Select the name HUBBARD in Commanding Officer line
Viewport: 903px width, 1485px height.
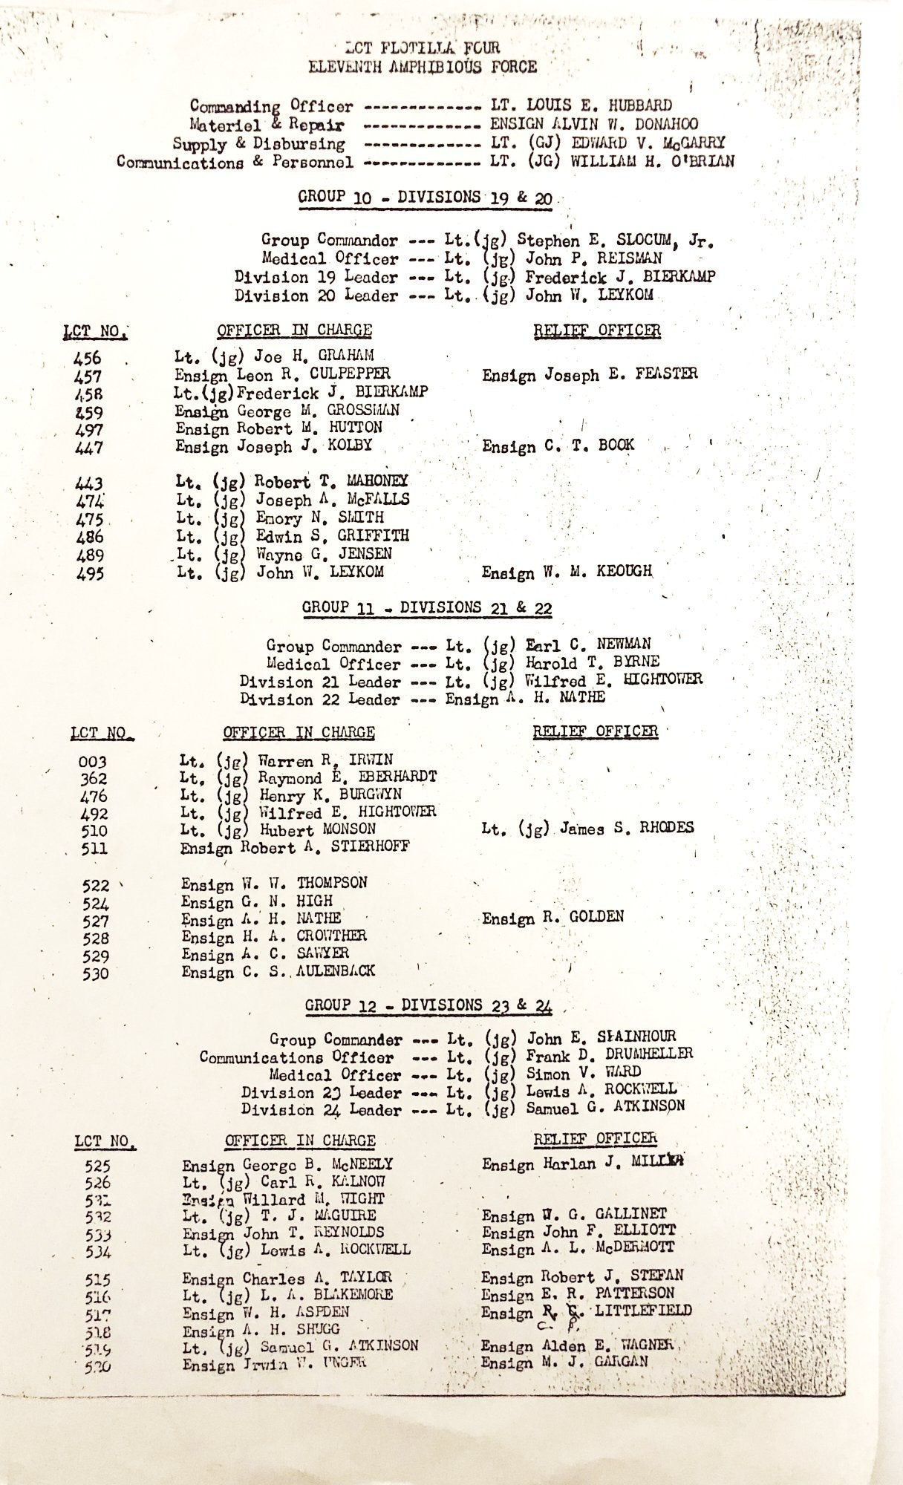click(636, 105)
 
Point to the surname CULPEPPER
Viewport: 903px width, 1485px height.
click(353, 373)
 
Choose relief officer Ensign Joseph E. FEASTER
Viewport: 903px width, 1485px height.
click(590, 374)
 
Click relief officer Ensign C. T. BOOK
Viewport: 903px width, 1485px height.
click(558, 446)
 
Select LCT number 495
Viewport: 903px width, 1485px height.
click(89, 573)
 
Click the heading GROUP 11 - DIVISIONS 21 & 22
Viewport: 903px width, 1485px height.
click(426, 607)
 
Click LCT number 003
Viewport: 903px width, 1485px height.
click(92, 762)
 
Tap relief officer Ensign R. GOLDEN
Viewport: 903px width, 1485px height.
click(552, 918)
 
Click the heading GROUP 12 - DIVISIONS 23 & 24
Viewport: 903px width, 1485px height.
click(428, 1005)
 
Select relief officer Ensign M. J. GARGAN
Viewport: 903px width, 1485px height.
click(564, 1362)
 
